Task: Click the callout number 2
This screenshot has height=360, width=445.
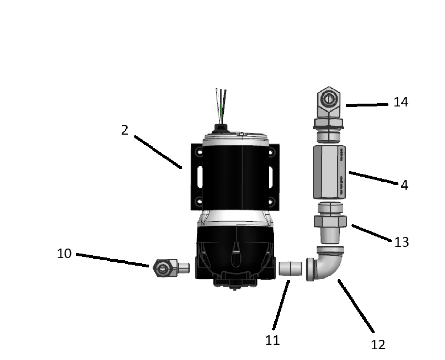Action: (x=125, y=130)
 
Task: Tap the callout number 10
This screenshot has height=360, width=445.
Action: (x=64, y=254)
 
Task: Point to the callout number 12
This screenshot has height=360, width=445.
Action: (x=378, y=345)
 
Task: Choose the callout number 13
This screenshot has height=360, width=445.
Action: (x=401, y=242)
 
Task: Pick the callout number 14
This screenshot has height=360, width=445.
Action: (x=401, y=102)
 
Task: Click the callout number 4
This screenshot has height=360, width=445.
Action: (x=404, y=185)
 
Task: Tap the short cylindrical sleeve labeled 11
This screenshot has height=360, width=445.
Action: (x=290, y=268)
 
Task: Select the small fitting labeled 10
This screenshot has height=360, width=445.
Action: (x=171, y=268)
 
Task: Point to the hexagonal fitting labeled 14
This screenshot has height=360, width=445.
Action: (x=329, y=103)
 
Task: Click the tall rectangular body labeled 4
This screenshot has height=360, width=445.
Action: (x=329, y=172)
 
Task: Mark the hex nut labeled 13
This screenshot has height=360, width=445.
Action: (x=330, y=221)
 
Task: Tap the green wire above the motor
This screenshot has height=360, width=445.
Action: (x=221, y=106)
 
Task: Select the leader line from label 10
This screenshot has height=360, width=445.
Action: (x=112, y=260)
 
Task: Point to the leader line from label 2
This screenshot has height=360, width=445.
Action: (x=158, y=152)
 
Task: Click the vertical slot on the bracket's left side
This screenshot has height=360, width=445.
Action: (x=200, y=177)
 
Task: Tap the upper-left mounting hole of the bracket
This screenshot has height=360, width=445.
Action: (x=199, y=152)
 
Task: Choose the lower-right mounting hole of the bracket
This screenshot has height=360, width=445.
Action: (x=271, y=202)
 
